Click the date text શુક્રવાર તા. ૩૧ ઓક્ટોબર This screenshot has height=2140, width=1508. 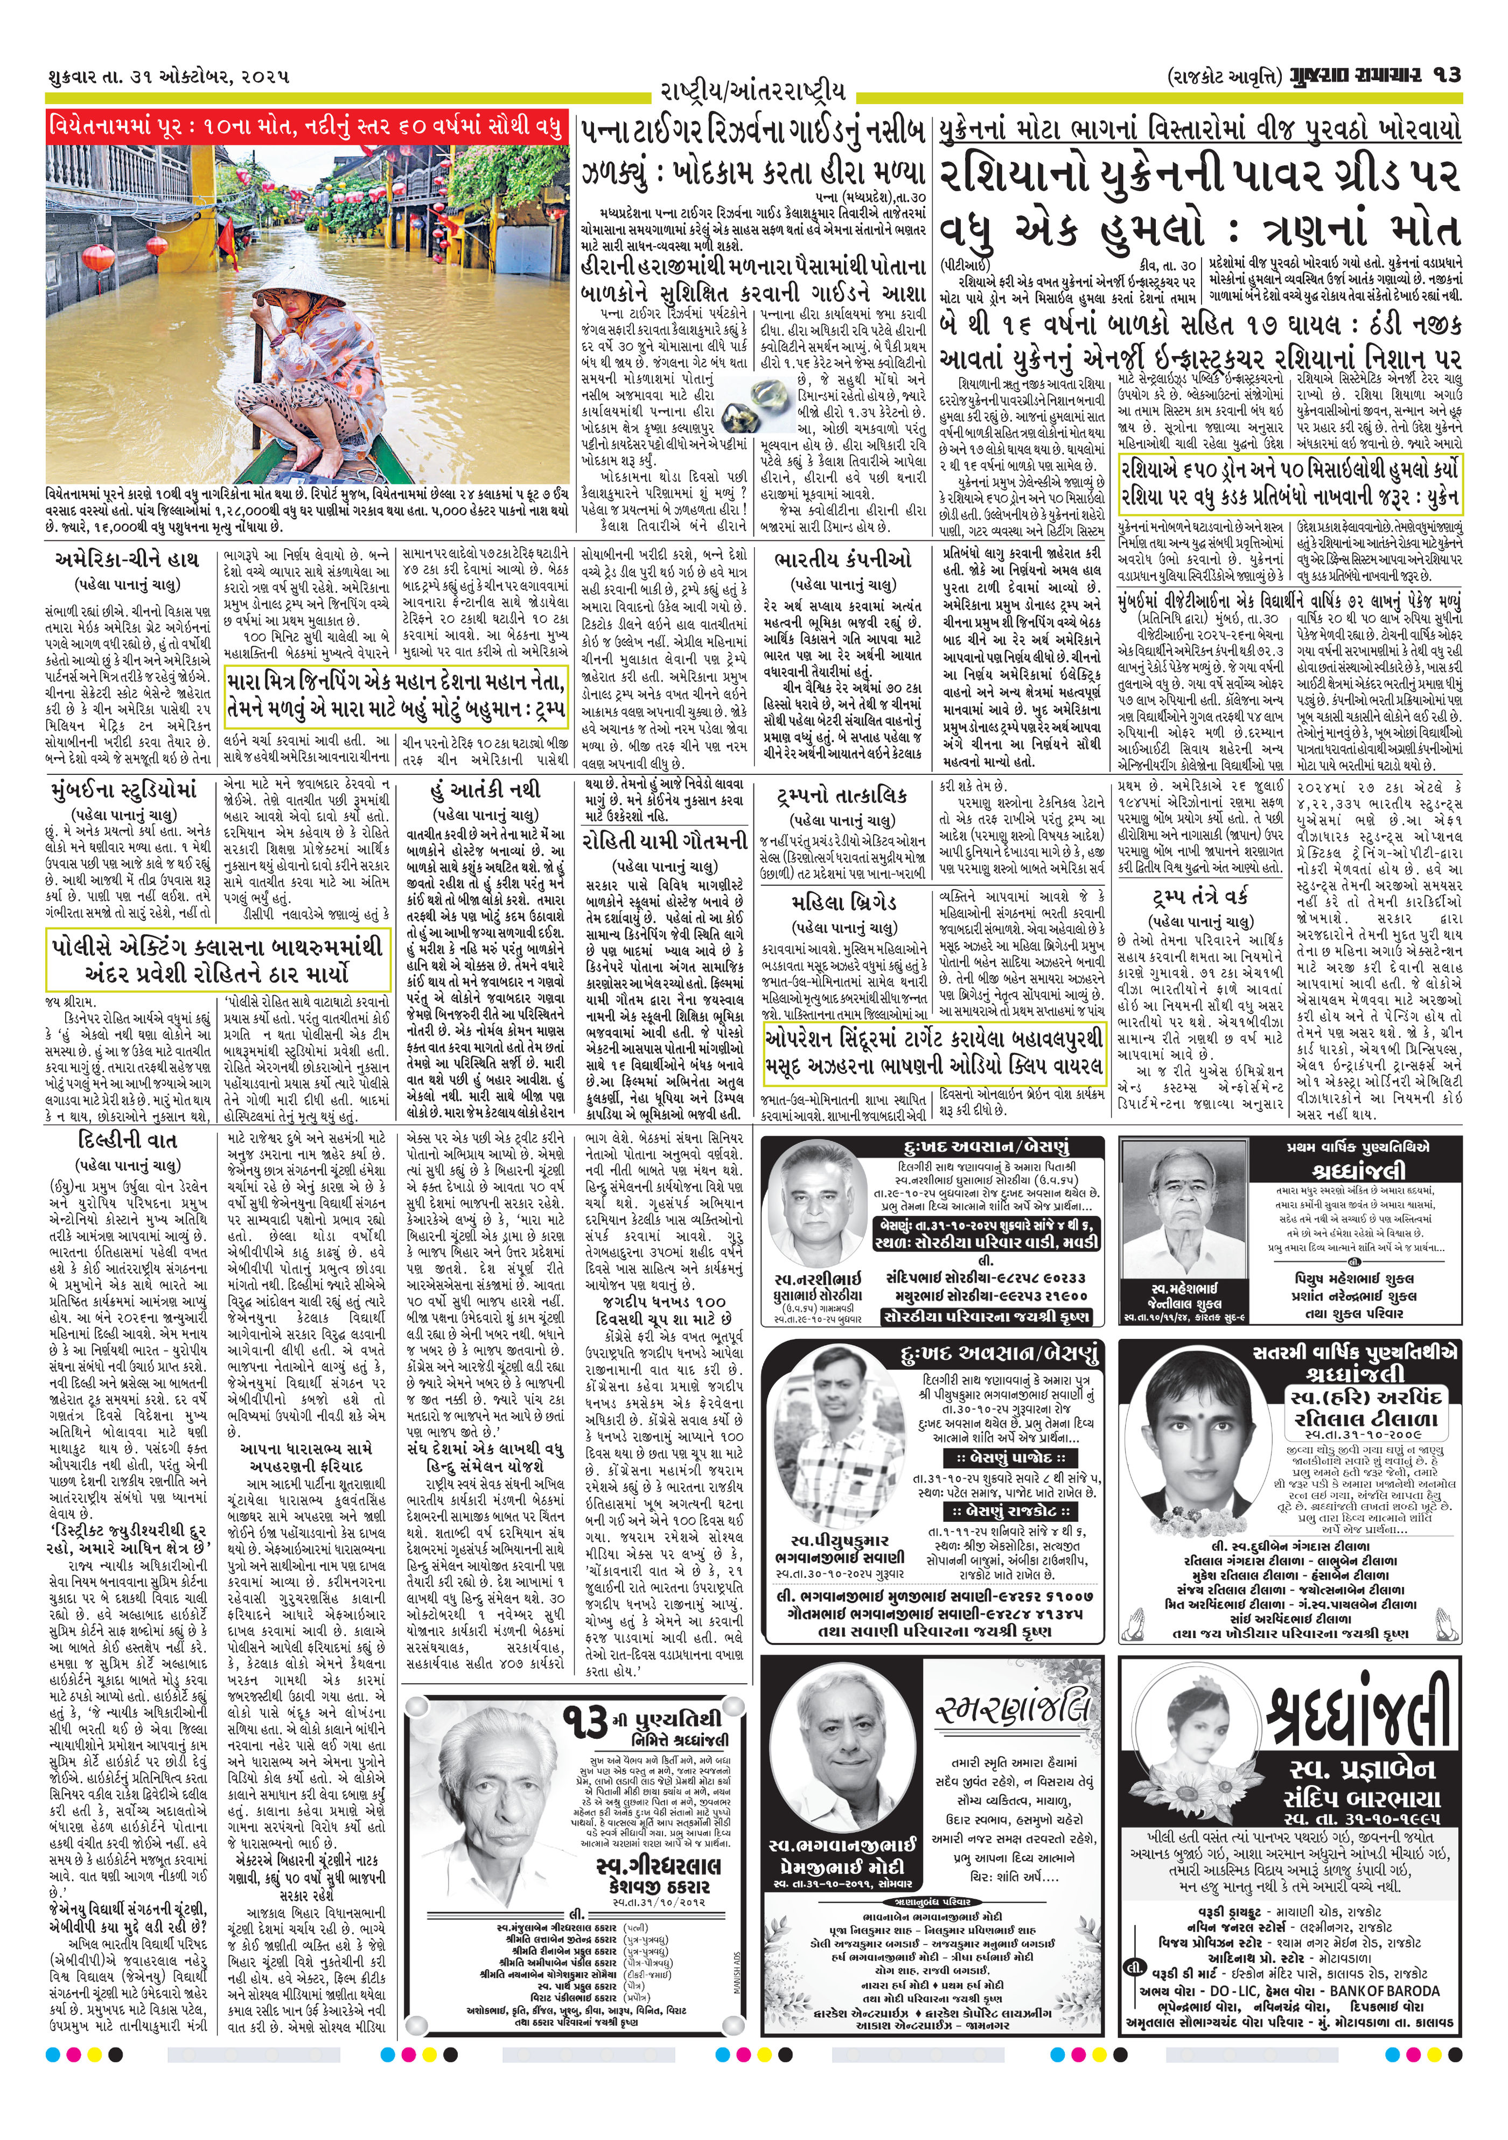[x=167, y=75]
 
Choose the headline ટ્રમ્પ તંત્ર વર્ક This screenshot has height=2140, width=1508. [x=1198, y=897]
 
